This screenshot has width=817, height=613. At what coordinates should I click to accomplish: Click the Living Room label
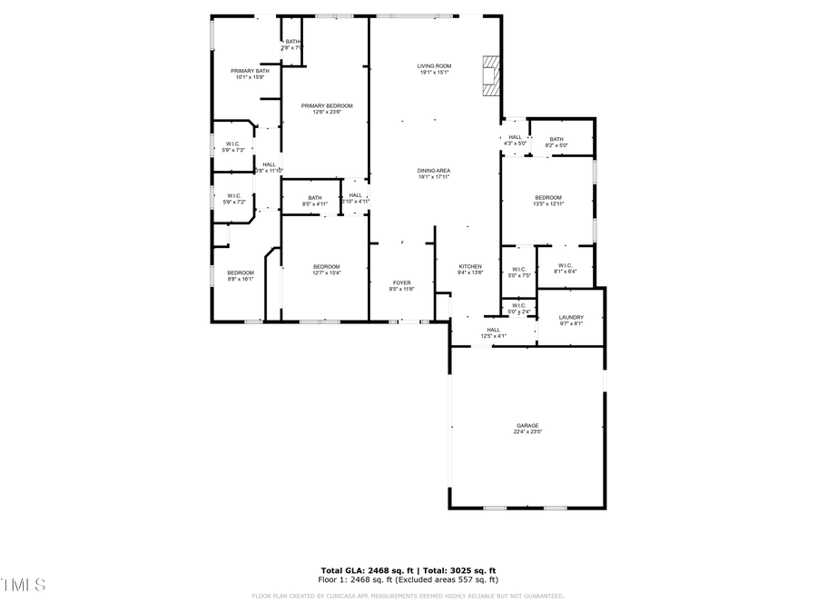coord(434,66)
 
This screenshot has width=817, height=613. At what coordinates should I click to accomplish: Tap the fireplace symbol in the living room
coord(490,76)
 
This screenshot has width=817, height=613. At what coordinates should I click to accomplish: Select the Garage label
coord(527,425)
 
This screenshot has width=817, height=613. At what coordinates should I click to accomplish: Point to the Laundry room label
coord(571,317)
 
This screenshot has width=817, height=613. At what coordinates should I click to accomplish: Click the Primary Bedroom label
coord(326,106)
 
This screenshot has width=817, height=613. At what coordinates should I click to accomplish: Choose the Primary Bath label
coord(250,71)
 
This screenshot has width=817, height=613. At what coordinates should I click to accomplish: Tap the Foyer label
coord(401,282)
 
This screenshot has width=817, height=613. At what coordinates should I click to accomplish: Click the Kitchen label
coord(470,266)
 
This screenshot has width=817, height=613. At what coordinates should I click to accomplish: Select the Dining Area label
coord(434,171)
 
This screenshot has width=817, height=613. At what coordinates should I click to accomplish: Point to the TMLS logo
coord(24,583)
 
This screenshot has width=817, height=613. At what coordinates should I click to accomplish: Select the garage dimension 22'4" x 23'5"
coord(527,432)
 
